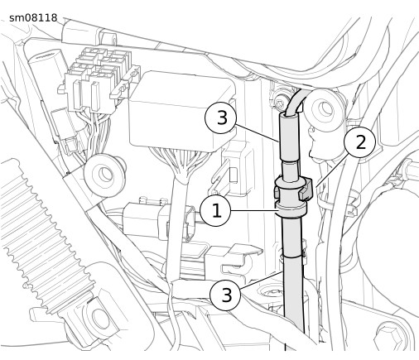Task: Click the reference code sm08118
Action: point(33,18)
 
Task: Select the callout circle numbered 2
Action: point(359,142)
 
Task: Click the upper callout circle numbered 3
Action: point(220,118)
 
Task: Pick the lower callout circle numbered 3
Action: point(225,295)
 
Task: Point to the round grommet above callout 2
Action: point(325,107)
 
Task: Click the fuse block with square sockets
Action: point(97,79)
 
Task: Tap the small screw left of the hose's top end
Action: point(280,103)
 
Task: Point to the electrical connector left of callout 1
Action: point(159,221)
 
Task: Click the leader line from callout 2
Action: point(330,170)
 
